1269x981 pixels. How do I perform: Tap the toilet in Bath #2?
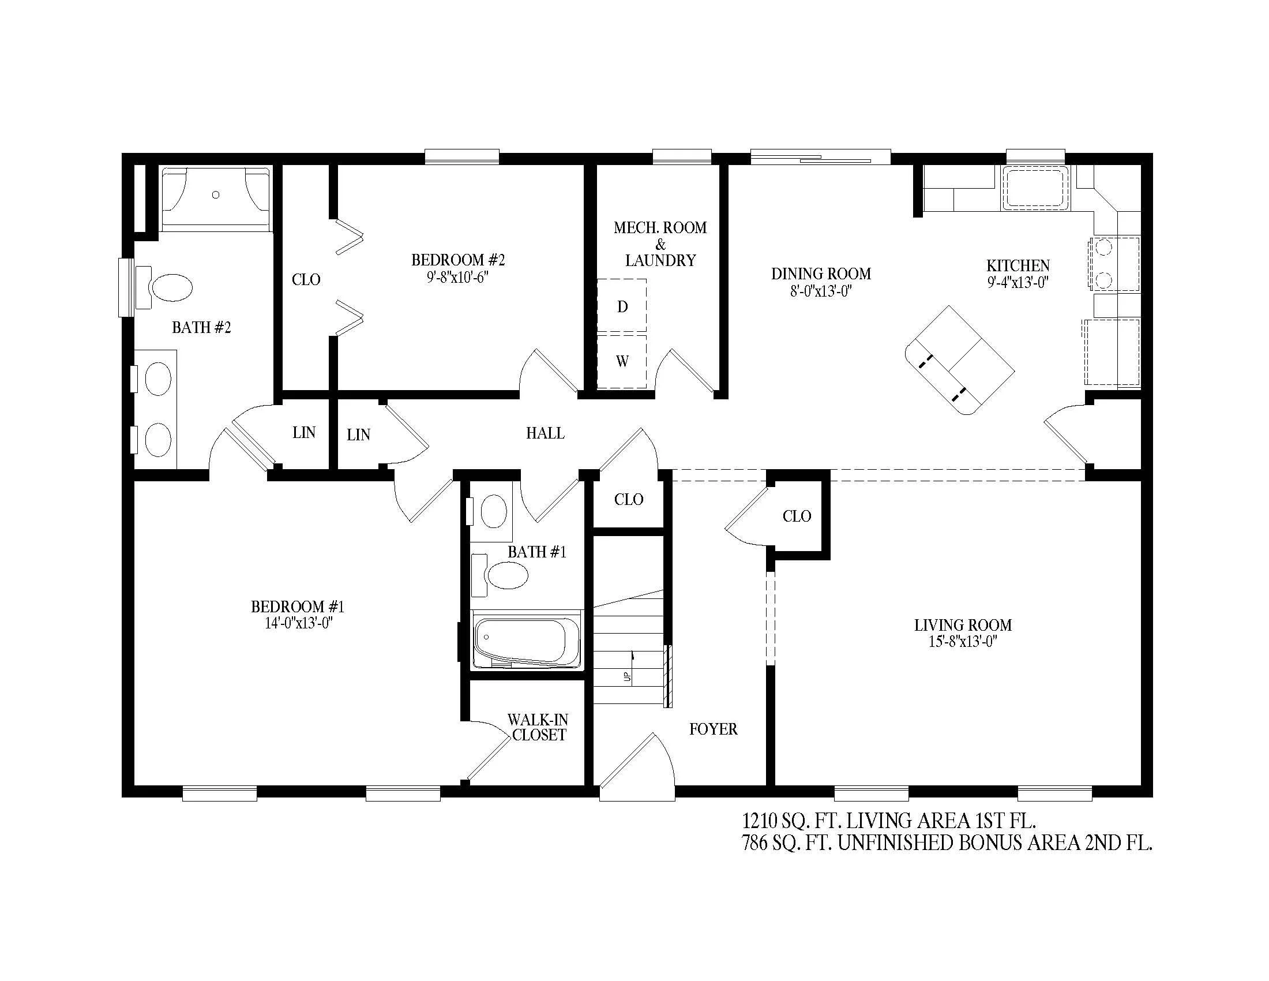164,288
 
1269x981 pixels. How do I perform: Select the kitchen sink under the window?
1035,188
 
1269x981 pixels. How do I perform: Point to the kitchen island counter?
960,360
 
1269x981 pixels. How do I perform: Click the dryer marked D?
622,306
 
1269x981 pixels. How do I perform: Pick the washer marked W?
622,361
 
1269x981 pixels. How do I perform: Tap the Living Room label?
963,626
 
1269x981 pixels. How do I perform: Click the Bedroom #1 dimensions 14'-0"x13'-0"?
298,624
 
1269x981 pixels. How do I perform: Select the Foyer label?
714,729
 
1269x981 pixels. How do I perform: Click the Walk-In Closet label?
538,727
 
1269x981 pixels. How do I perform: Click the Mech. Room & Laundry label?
660,244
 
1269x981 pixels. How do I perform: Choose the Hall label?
545,433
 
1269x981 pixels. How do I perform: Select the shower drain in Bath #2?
216,195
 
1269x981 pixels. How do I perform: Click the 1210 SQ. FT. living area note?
889,821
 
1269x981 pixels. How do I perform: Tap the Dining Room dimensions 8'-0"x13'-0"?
820,291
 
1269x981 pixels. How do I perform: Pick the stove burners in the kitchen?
1103,264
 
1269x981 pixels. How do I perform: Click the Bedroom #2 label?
458,260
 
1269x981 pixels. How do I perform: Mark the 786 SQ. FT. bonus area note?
947,843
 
